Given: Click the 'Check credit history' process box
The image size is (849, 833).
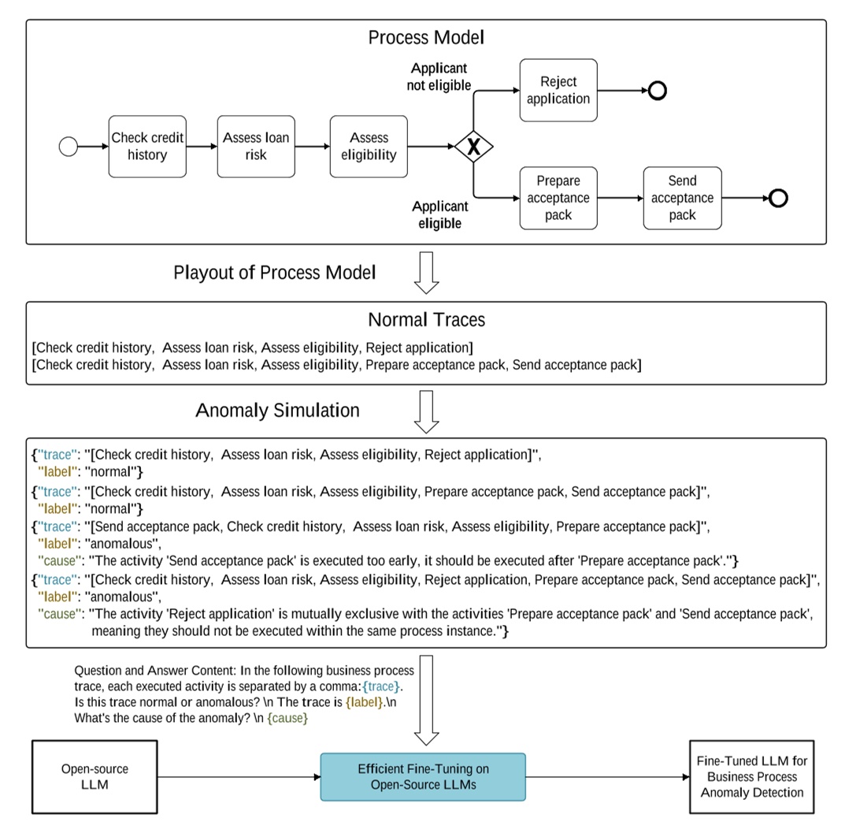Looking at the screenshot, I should coord(147,147).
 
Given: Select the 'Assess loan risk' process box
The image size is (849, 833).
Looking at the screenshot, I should coord(256,147).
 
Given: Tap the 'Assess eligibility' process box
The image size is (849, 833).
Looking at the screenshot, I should coord(369,147).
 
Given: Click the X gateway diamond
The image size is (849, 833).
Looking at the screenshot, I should coord(473,147).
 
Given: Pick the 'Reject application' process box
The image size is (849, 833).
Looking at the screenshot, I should coord(558,91).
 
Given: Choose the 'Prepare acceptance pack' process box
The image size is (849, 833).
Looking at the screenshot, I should coord(558,198).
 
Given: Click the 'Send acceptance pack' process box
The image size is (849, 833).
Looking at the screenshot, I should coord(682,198).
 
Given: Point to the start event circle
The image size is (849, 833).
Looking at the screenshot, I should coord(69,147).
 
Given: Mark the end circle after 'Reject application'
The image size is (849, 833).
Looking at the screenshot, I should coord(657,91).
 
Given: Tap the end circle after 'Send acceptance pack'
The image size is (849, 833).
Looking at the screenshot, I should coord(778,198).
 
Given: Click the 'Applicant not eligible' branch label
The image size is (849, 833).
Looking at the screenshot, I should coord(439,77).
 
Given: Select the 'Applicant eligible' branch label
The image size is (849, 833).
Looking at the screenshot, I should coord(439,214).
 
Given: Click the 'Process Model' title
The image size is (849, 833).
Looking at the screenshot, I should coord(426,38).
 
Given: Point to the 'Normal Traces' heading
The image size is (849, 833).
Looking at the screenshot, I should coord(426,320).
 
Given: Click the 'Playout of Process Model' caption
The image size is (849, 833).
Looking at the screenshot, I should coord(275,273).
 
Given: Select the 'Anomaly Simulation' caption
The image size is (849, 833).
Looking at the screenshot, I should coord(277,411).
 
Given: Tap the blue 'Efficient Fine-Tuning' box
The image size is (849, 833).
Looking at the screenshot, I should coord(422,776).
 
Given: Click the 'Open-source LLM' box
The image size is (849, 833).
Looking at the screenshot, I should coord(95,776).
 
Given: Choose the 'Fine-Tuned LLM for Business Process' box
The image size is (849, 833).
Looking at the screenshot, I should coord(751,776).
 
